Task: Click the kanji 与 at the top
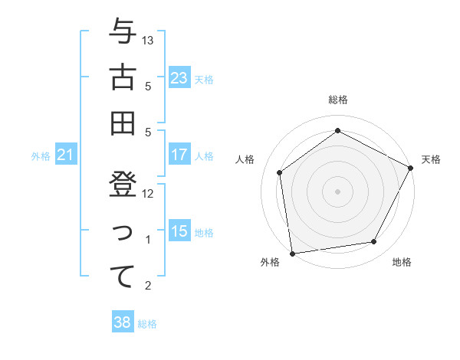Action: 123,33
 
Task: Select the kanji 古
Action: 123,78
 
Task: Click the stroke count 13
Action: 149,40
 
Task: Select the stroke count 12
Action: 149,194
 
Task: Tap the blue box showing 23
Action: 179,77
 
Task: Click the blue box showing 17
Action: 179,155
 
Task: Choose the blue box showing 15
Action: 179,231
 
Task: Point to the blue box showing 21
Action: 65,155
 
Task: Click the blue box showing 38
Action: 122,322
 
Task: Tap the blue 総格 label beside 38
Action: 147,324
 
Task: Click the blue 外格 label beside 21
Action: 41,156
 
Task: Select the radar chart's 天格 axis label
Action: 431,159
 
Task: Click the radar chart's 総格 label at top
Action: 337,100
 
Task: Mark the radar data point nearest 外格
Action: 291,253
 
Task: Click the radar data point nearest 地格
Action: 374,242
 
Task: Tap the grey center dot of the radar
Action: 337,191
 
